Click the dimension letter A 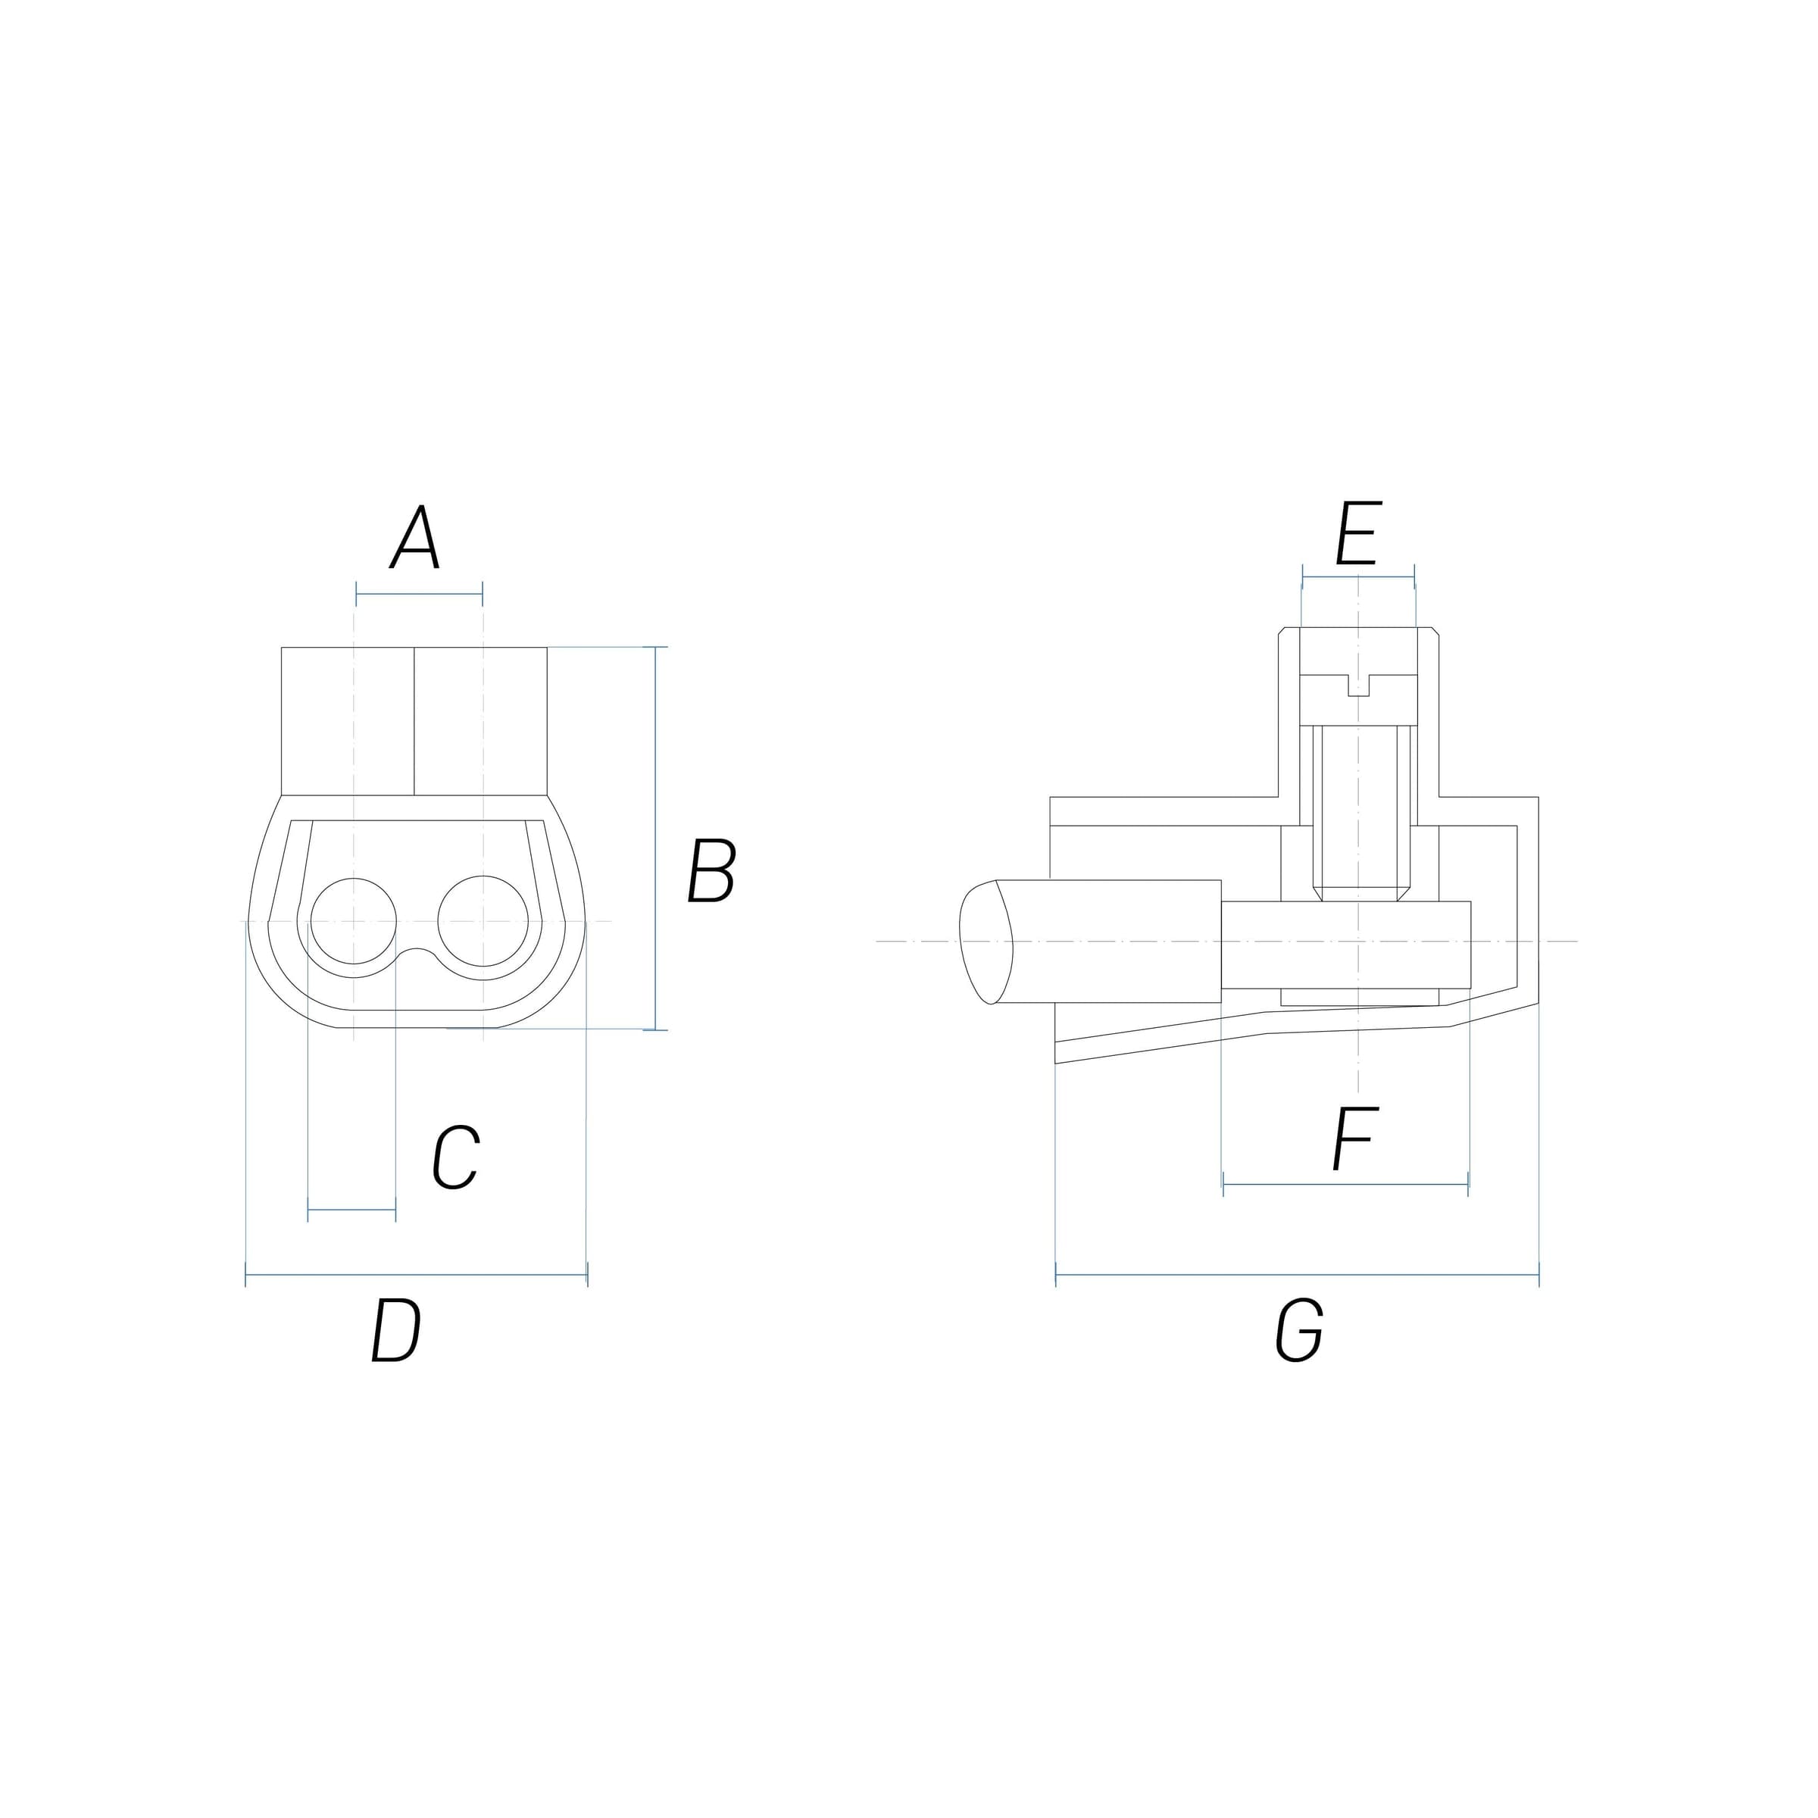coord(416,539)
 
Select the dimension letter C coord(456,1157)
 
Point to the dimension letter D coord(395,1329)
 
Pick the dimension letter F coord(1356,1139)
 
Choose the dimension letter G coord(1300,1329)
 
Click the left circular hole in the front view coord(353,921)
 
